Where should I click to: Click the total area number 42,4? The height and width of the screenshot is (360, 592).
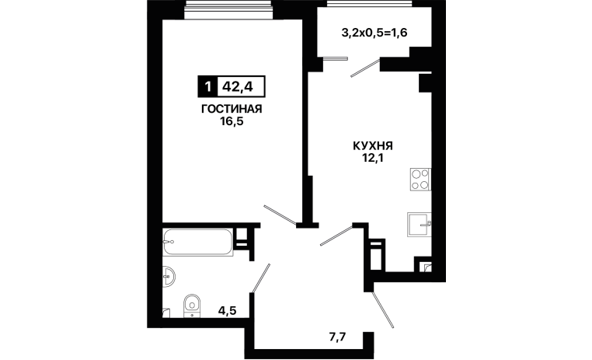click(238, 87)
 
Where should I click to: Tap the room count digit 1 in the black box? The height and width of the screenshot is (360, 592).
click(207, 87)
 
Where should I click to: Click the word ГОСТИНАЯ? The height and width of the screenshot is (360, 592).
click(232, 109)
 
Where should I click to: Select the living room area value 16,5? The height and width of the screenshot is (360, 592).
click(232, 121)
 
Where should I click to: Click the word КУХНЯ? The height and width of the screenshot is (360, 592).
click(373, 145)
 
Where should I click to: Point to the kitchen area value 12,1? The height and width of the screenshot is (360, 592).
click(373, 158)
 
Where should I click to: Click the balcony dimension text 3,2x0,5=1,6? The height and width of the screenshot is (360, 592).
click(374, 33)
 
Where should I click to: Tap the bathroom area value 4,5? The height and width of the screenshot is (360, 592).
click(228, 310)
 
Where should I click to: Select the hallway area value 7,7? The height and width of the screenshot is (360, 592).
click(337, 337)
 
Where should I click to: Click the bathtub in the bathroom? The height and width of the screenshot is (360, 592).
click(197, 242)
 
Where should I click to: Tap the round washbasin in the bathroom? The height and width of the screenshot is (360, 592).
click(169, 278)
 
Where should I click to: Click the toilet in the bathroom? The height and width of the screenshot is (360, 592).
click(192, 306)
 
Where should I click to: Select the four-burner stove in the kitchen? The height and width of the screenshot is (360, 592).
click(420, 180)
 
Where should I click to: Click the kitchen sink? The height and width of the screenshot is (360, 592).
click(419, 225)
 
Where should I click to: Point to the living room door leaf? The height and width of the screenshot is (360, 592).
click(280, 215)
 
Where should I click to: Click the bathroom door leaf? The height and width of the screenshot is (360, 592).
click(261, 278)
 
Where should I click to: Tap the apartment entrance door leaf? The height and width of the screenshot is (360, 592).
click(383, 309)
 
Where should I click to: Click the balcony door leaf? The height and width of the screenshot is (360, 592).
click(364, 68)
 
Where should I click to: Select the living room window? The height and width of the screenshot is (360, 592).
click(229, 9)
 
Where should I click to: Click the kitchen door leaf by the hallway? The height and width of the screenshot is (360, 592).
click(336, 236)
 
